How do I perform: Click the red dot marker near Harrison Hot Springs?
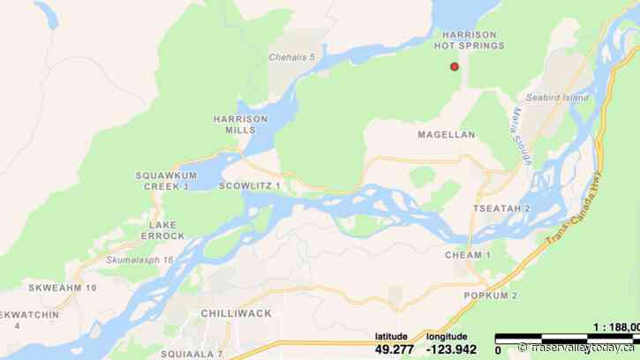[x=455, y=66]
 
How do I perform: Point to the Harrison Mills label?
[x=234, y=124]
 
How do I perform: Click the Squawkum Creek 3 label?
[x=162, y=181]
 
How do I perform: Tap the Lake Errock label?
[x=161, y=230]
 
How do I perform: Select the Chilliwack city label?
[x=236, y=313]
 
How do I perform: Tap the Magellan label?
[x=447, y=135]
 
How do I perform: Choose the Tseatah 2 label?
[x=501, y=208]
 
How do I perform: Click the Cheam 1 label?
[x=469, y=255]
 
